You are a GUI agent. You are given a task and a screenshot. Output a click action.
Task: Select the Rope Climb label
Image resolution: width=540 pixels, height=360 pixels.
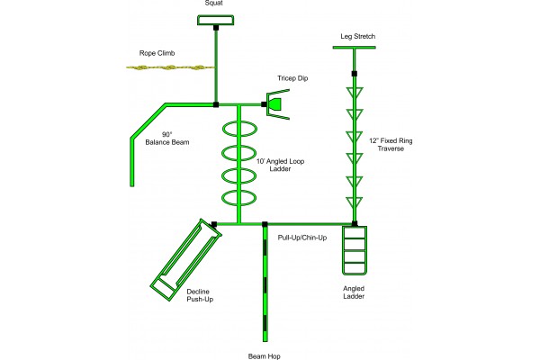[x=157, y=52]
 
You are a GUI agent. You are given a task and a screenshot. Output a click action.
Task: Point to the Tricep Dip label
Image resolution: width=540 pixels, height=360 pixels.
[x=292, y=78]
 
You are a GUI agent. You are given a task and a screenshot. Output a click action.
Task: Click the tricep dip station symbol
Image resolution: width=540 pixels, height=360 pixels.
[x=275, y=104]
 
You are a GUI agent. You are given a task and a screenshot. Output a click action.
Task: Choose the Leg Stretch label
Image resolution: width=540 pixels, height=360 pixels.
[x=357, y=36]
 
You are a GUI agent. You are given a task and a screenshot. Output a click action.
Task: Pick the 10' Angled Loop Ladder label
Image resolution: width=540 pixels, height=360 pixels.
[x=281, y=163]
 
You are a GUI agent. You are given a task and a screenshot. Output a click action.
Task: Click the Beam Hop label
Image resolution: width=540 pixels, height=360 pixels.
[x=264, y=356]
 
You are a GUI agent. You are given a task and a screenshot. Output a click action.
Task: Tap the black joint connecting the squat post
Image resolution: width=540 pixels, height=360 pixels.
[x=216, y=27]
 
